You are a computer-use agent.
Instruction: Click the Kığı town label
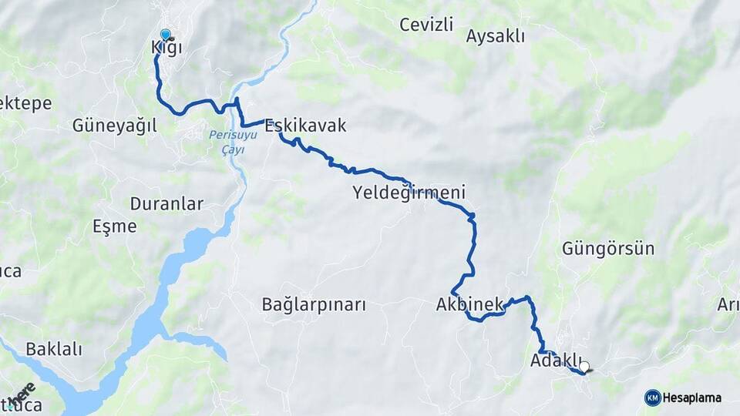click(x=166, y=49)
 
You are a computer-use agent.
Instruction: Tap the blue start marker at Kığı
click(x=165, y=35)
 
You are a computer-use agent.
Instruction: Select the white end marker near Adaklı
click(x=585, y=367)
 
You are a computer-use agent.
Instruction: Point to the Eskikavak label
click(x=306, y=126)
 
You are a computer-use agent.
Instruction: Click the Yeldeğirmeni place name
click(x=409, y=191)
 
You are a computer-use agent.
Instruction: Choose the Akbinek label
click(x=469, y=304)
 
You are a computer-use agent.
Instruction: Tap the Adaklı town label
click(x=555, y=360)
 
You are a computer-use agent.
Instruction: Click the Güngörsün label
click(x=608, y=249)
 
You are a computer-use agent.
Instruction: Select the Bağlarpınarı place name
click(x=313, y=304)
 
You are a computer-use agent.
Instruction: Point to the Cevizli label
click(x=425, y=25)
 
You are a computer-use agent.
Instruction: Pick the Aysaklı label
click(x=496, y=35)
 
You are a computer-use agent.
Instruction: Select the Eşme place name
click(x=114, y=226)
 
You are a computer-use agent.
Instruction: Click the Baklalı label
click(x=54, y=349)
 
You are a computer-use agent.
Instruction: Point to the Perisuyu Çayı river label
click(x=227, y=142)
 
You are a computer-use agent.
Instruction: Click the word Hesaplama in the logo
click(x=691, y=398)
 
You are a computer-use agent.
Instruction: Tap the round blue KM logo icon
click(x=652, y=398)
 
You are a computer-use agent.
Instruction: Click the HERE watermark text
click(x=20, y=394)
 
